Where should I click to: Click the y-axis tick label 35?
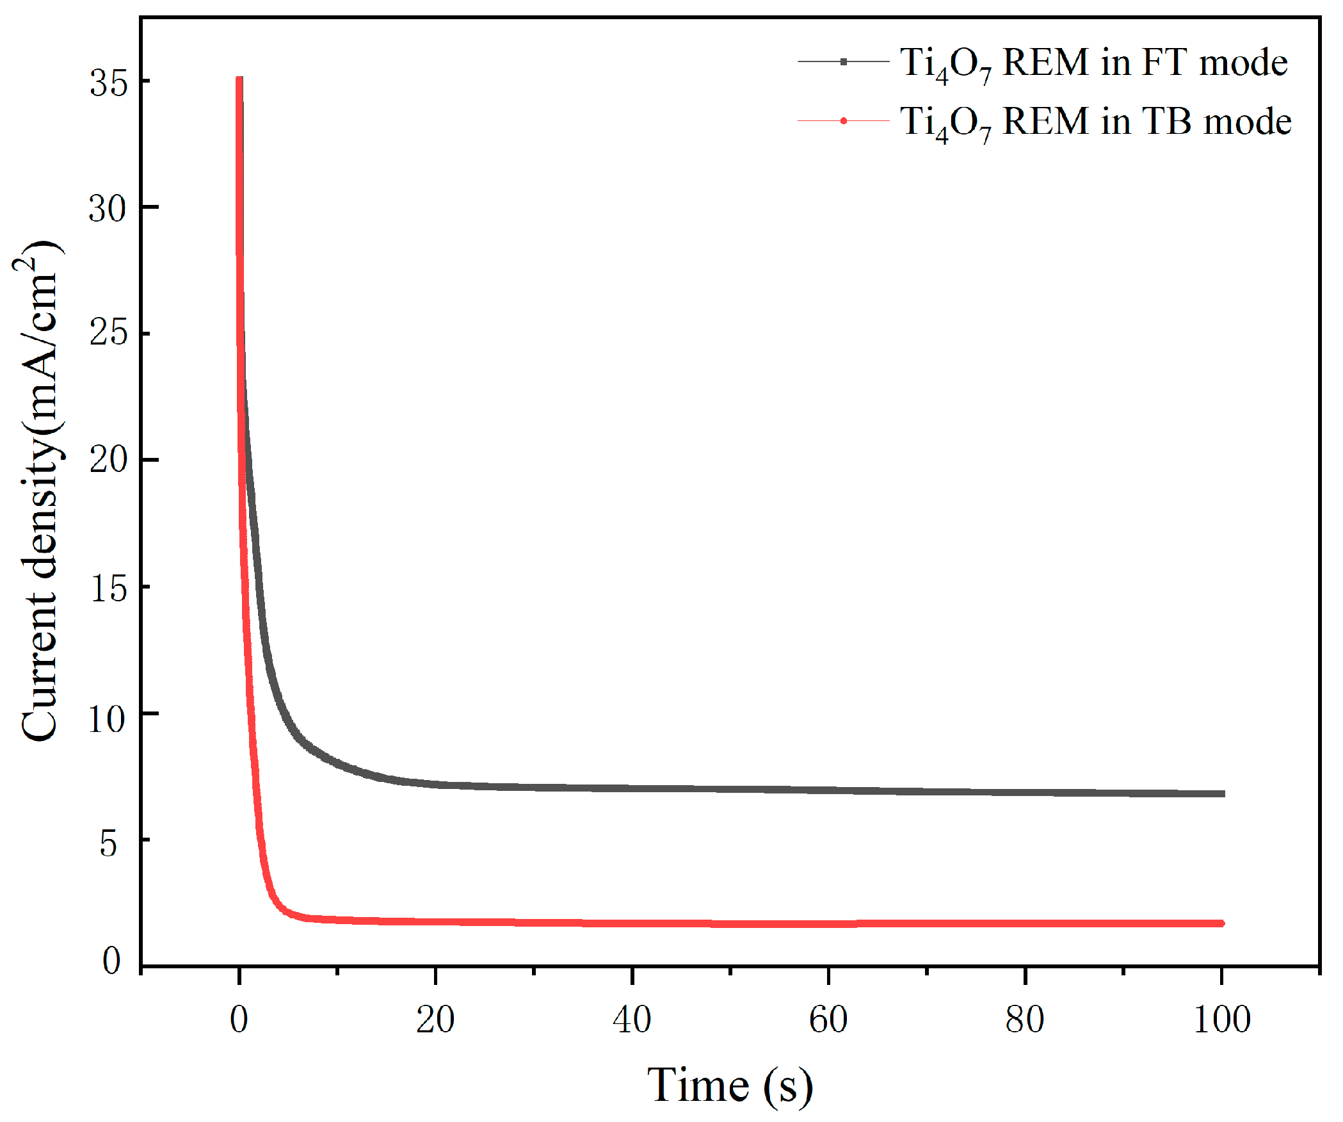(109, 83)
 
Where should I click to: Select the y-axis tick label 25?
(109, 333)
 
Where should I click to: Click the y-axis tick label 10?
(107, 719)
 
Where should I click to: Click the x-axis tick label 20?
(435, 1020)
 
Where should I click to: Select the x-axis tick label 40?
(632, 1020)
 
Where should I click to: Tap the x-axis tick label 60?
(828, 1020)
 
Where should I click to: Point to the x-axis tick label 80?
(1025, 1020)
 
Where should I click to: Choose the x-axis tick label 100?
(1222, 1020)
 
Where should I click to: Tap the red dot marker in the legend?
(844, 121)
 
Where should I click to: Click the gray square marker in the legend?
(844, 61)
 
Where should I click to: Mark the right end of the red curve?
(1221, 923)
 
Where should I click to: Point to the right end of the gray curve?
(1221, 793)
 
